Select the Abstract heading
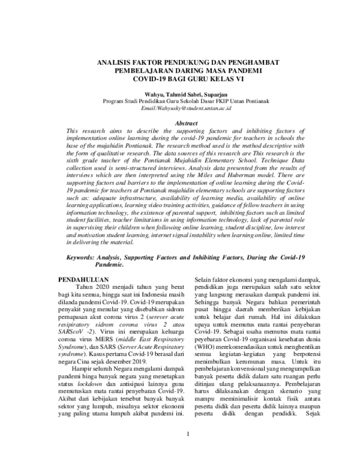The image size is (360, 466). (x=181, y=123)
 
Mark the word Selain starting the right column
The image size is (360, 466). (x=205, y=279)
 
